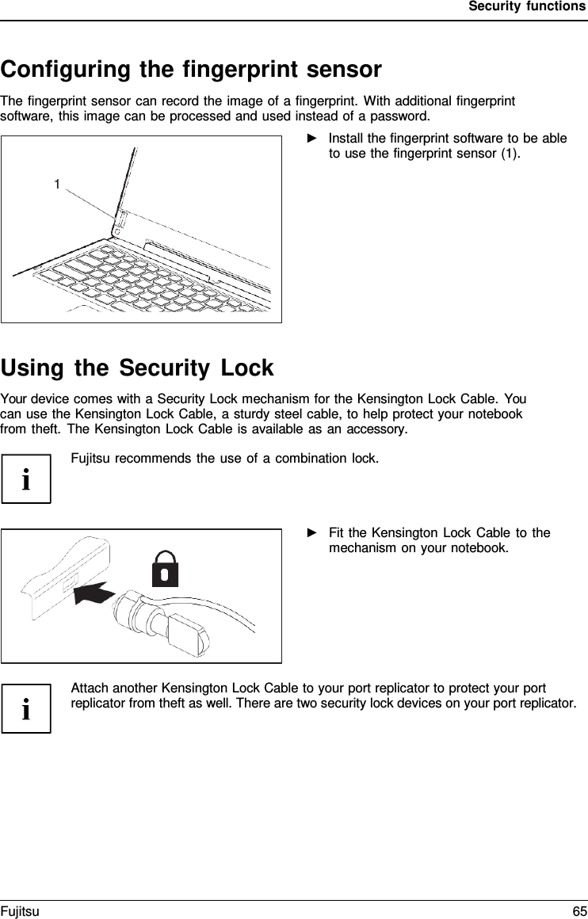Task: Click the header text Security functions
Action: pyautogui.click(x=527, y=6)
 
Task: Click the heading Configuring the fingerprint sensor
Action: pyautogui.click(x=191, y=70)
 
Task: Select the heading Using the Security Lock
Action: pyautogui.click(x=137, y=368)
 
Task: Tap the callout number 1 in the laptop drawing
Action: pyautogui.click(x=57, y=185)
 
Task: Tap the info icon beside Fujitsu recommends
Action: pyautogui.click(x=26, y=479)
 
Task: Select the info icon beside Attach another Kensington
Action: pyautogui.click(x=26, y=708)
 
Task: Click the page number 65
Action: pyautogui.click(x=579, y=912)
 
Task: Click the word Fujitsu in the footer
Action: pyautogui.click(x=20, y=912)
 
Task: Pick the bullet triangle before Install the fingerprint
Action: pyautogui.click(x=311, y=139)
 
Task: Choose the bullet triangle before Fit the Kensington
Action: pyautogui.click(x=311, y=532)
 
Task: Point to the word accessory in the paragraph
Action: pyautogui.click(x=376, y=429)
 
